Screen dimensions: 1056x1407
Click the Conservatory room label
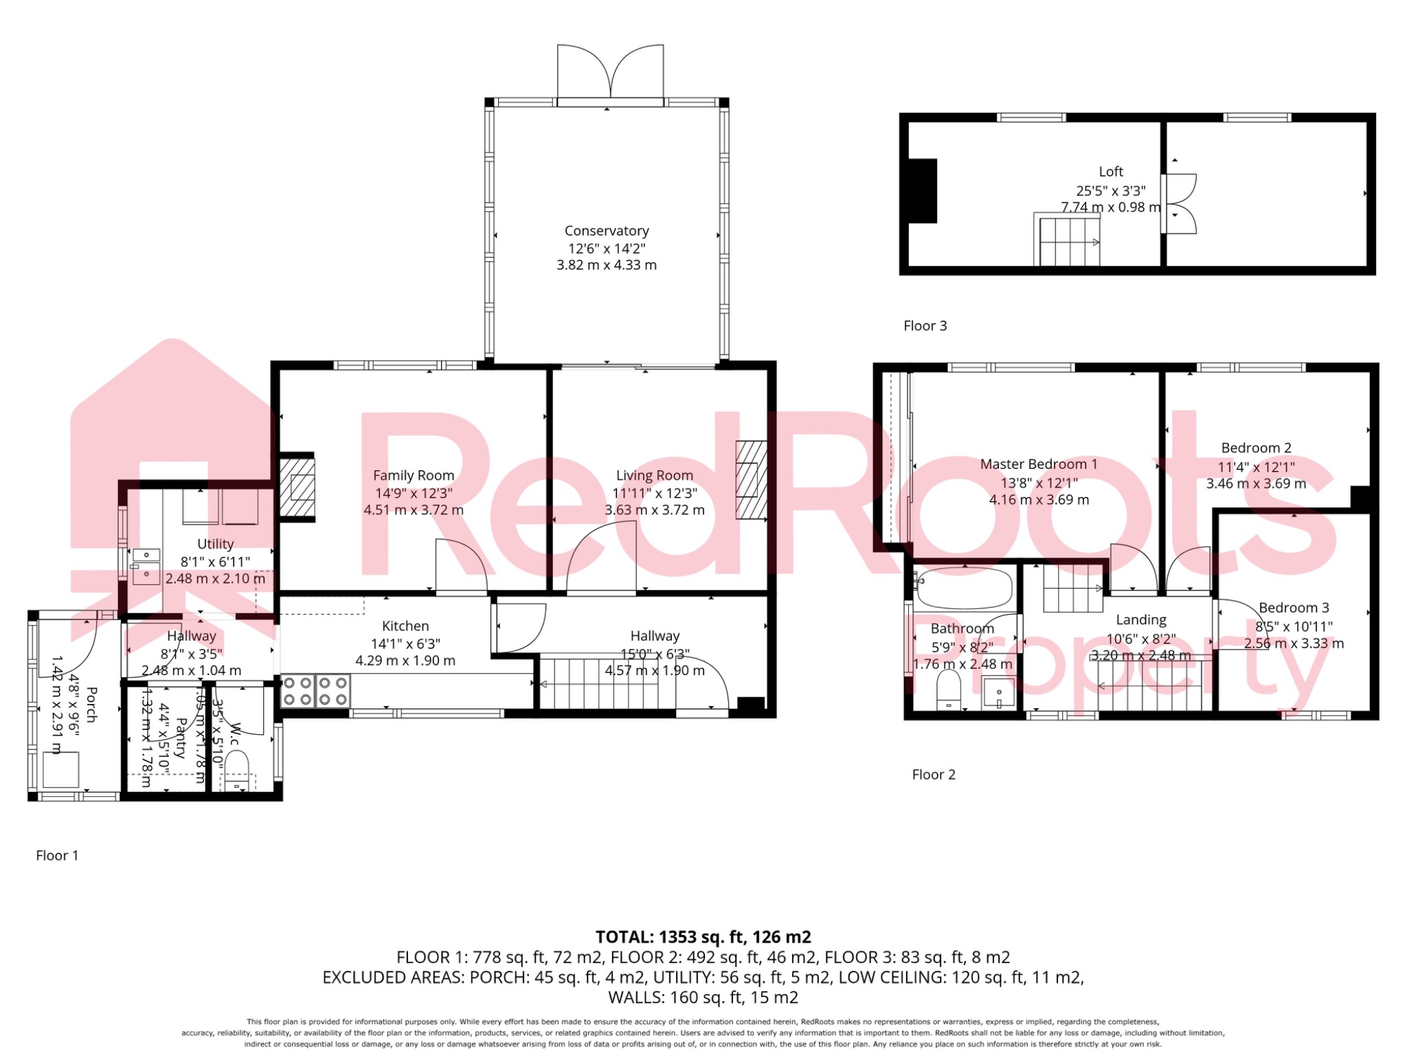[606, 231]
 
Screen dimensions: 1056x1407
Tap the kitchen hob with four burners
[315, 692]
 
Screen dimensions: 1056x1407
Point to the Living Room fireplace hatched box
[750, 479]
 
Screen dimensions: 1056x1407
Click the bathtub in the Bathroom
[965, 588]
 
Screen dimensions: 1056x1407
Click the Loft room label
[1110, 172]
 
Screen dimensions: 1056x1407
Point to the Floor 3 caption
[925, 326]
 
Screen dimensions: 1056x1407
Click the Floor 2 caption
[933, 775]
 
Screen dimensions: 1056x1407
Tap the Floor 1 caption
[57, 855]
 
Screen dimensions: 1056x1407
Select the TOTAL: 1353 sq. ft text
[703, 937]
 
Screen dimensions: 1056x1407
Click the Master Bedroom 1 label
[1038, 465]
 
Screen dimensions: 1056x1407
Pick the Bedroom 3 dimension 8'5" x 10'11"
[1294, 626]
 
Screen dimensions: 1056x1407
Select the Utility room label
[215, 544]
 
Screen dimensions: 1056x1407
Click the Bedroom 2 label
[1256, 448]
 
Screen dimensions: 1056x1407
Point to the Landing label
[1140, 620]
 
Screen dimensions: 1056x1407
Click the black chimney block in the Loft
[922, 191]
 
